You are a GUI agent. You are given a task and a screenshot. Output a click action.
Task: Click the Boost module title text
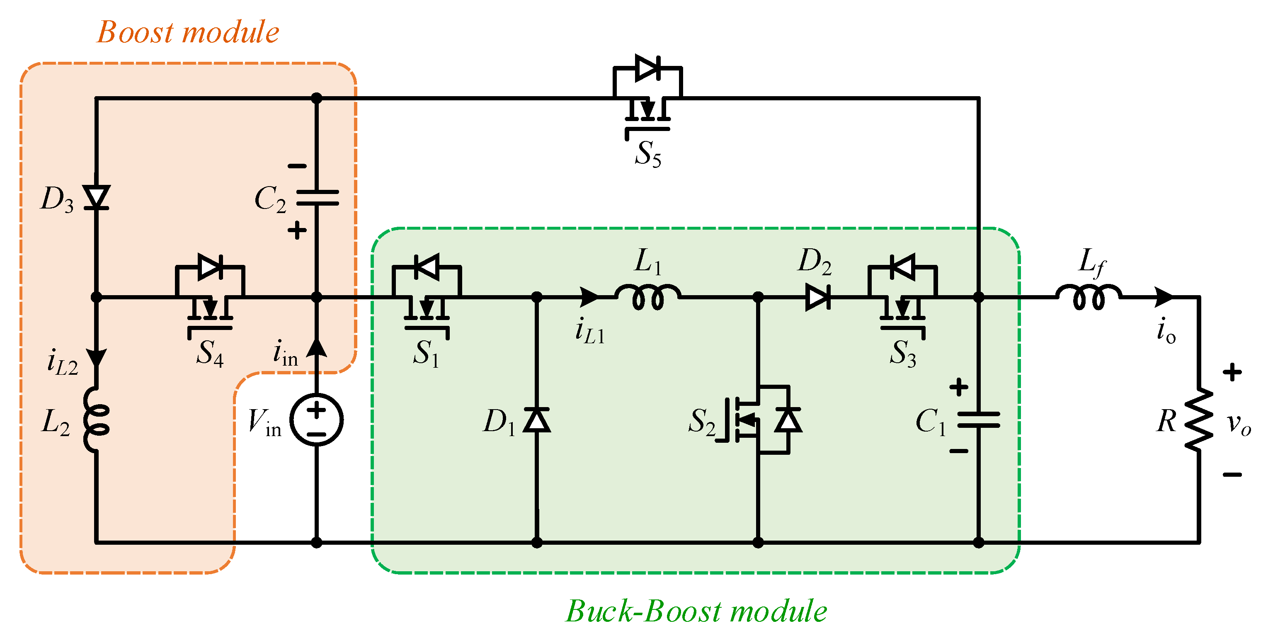pos(188,32)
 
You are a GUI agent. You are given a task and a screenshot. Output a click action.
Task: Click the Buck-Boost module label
pos(696,611)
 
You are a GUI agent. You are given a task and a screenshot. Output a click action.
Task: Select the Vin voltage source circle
pos(317,420)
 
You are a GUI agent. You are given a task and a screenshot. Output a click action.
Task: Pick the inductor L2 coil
pos(97,420)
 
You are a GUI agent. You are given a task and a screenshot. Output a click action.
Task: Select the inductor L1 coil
pos(648,297)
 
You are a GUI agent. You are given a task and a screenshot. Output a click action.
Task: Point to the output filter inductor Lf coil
pos(1089,297)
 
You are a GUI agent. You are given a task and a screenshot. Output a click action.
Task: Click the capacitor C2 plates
pos(317,198)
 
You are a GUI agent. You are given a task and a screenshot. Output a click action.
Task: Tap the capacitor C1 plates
pos(978,420)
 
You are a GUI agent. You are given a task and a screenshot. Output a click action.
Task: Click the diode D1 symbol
pos(536,420)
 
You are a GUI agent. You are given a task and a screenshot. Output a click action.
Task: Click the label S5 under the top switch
pos(648,154)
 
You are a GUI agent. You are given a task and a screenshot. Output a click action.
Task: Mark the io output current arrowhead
pos(1164,297)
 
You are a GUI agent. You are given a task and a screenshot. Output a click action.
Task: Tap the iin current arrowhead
pos(317,348)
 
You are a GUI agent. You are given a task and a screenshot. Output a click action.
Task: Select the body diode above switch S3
pos(903,267)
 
